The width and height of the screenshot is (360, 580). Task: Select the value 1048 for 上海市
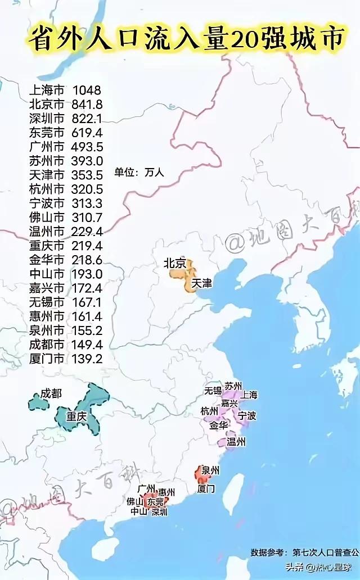86,90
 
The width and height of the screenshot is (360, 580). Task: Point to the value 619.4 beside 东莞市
87,133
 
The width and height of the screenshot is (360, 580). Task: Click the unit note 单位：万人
139,173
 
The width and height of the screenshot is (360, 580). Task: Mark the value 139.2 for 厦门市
87,357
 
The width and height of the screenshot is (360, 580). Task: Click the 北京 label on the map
174,262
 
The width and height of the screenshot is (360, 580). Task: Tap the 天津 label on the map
202,283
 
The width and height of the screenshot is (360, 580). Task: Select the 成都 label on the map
51,394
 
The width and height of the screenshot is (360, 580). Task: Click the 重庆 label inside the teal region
76,417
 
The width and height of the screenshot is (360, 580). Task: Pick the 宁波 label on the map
247,416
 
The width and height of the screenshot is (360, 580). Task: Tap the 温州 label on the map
236,442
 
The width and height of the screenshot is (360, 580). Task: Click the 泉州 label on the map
210,470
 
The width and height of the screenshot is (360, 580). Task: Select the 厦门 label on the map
206,488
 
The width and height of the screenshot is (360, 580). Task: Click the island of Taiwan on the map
233,494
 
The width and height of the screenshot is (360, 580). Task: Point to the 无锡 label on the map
213,389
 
